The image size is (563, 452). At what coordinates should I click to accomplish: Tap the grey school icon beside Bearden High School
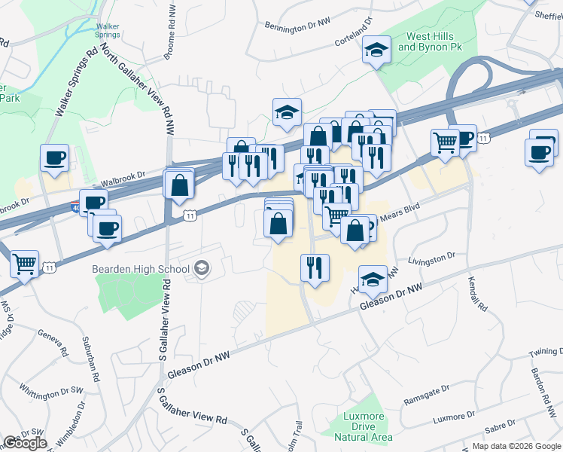pos(201,268)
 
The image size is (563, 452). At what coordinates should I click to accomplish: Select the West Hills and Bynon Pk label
pos(428,41)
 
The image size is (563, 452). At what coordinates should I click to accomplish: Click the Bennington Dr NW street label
pos(298,24)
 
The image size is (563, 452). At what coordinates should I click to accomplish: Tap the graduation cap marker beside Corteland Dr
pos(374,50)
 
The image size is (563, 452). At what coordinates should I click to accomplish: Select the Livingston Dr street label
pos(432,259)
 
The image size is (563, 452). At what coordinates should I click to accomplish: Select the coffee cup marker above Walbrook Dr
pos(54,158)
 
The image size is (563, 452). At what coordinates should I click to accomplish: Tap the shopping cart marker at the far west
pos(25,264)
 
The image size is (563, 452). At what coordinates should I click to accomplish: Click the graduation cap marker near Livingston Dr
pos(372,279)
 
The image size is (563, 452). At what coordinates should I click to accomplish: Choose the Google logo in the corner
pos(25,443)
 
